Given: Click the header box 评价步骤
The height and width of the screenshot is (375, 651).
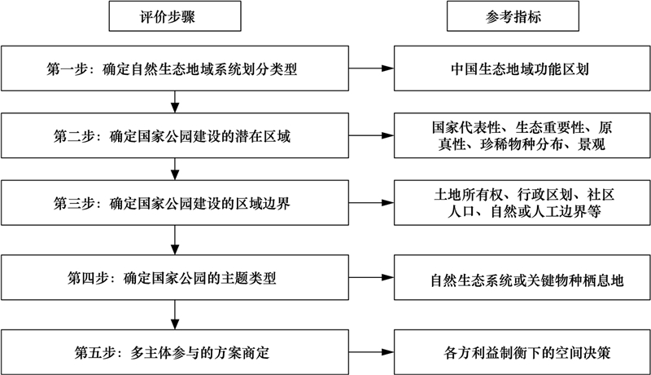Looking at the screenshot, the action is [x=175, y=15].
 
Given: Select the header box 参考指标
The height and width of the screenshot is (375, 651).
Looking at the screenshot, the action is [x=513, y=15].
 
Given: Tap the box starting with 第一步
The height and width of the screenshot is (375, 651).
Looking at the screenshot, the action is [x=175, y=68].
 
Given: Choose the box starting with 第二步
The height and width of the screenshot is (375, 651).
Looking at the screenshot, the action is [x=175, y=135].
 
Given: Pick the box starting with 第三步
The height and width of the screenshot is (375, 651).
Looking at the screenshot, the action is [x=175, y=203].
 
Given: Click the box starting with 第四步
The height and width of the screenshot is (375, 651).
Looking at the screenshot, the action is [x=175, y=277].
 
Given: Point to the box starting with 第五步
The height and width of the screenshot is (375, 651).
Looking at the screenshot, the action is [x=175, y=352].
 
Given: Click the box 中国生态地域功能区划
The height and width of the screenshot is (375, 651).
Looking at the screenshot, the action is [x=522, y=68].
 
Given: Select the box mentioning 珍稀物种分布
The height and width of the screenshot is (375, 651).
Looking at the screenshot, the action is [x=522, y=135].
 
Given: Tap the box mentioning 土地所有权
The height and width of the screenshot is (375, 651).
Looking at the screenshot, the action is [x=522, y=203].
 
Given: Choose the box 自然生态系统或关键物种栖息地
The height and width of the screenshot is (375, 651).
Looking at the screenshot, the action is [x=522, y=277].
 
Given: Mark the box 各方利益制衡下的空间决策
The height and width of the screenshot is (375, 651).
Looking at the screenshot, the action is [x=522, y=352].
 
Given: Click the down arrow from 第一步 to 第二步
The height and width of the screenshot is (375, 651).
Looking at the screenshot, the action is [x=175, y=102].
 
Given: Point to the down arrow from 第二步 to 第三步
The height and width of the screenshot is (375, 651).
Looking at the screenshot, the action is [x=175, y=170].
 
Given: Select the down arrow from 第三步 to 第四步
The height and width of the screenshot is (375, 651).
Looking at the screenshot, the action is [x=175, y=240].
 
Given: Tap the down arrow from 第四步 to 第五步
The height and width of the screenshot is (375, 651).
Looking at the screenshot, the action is [x=175, y=315].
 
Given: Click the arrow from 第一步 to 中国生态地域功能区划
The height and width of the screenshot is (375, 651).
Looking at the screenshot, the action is [x=371, y=68].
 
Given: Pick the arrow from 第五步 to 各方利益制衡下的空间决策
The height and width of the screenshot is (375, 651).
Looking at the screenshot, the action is [x=371, y=352].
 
